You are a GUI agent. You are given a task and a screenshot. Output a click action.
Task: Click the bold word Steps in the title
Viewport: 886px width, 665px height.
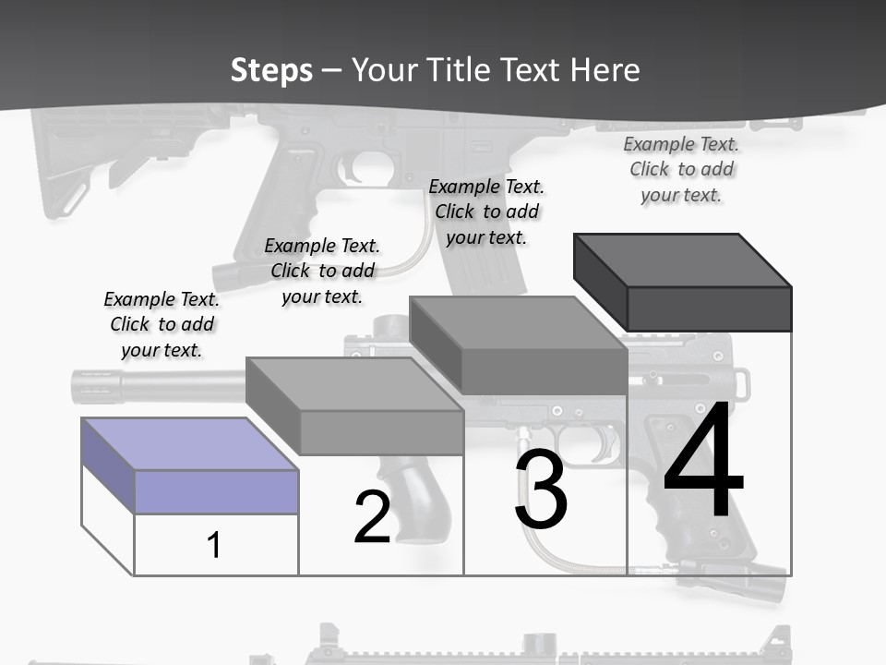coord(271,70)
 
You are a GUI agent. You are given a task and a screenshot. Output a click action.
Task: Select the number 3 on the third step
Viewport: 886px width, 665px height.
coord(541,490)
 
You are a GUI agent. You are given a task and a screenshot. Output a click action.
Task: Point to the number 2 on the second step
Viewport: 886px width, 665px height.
coord(372,517)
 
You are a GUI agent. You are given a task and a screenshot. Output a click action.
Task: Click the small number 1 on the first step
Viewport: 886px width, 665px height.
coord(214,545)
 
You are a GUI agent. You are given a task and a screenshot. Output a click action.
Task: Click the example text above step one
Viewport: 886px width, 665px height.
coord(162,325)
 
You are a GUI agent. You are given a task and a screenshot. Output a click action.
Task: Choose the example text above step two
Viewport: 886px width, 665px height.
coord(322,271)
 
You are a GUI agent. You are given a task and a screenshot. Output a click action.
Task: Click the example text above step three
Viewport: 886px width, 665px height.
coord(486,212)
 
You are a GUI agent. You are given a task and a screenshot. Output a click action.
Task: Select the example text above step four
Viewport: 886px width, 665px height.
coord(681,169)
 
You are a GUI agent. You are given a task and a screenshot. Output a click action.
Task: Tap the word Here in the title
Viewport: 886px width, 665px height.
coord(605,70)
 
